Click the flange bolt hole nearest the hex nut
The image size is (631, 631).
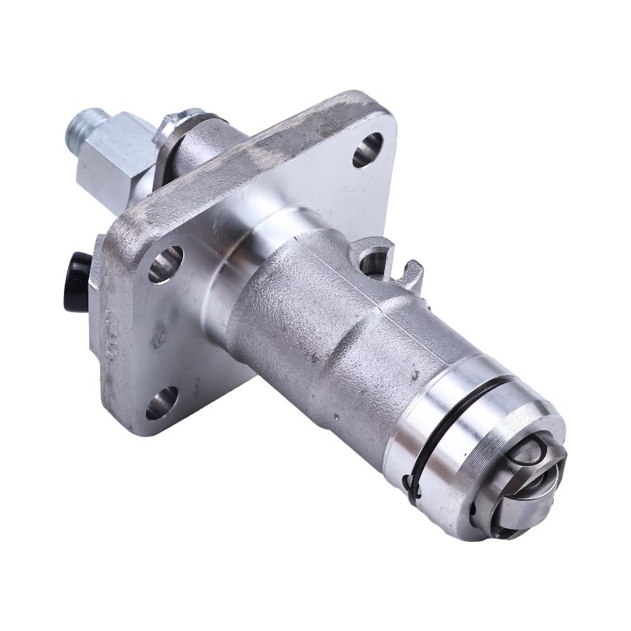[x=367, y=148]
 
